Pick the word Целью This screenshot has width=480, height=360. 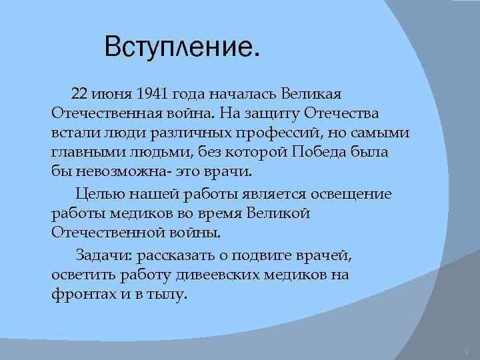(97, 194)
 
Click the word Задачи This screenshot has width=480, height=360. (98, 255)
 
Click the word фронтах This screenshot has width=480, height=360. (75, 293)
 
